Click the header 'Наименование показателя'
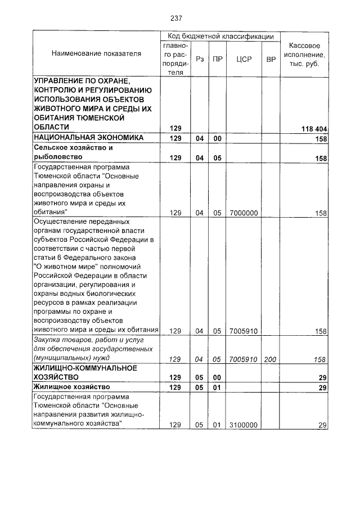point(96,53)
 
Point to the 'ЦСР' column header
point(244,58)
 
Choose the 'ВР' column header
point(271,58)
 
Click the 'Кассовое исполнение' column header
point(304,54)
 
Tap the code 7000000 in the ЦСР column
point(244,213)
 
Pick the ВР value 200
point(271,358)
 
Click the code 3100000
point(244,425)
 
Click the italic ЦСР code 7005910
point(244,358)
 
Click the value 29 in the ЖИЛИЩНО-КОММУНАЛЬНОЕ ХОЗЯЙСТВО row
point(322,378)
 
